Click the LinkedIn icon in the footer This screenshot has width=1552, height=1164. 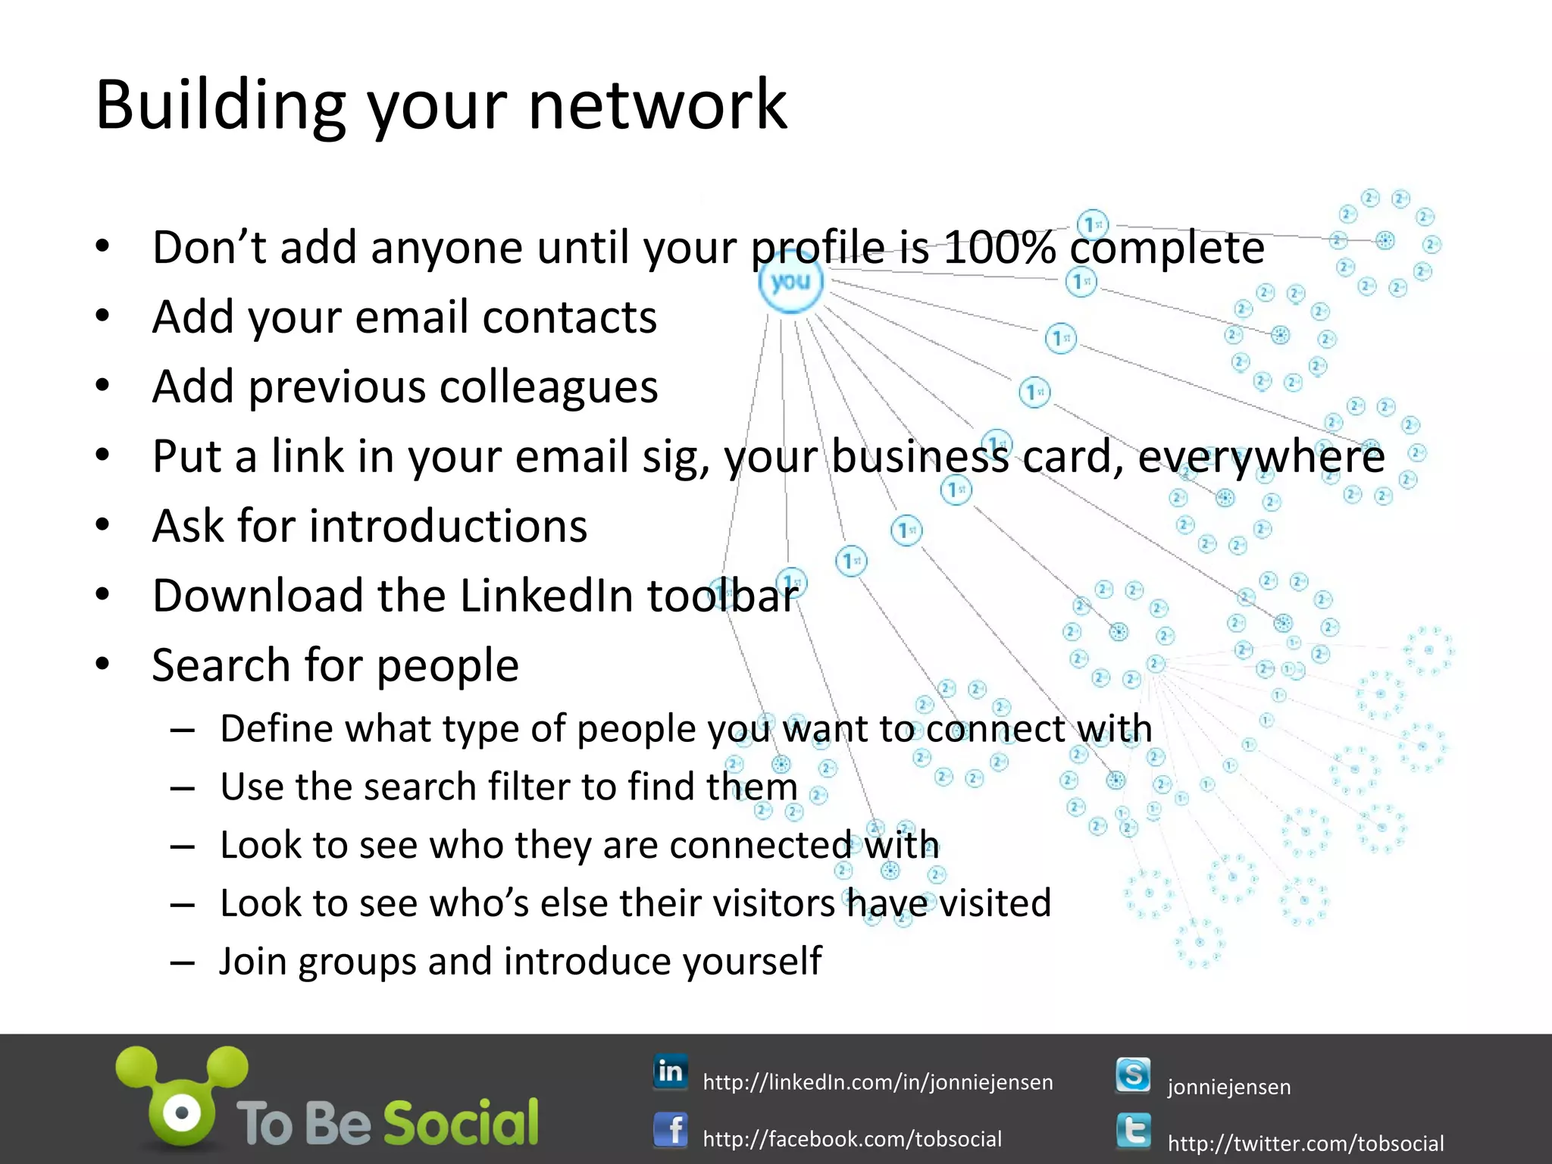pos(671,1072)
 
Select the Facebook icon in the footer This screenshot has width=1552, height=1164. pos(671,1131)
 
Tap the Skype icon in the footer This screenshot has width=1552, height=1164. pos(1133,1075)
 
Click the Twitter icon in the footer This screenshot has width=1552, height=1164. pos(1133,1131)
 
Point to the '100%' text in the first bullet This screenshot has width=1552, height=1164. pos(1000,248)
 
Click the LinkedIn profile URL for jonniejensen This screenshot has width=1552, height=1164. pos(878,1082)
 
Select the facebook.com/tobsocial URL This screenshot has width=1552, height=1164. pos(852,1139)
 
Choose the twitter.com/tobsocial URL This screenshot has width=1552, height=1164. pos(1305,1143)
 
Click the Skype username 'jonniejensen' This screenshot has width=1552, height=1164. pos(1228,1087)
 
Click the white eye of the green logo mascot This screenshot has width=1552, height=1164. pos(182,1113)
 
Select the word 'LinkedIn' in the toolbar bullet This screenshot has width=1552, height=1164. pos(548,596)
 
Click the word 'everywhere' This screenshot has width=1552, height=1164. pos(1261,457)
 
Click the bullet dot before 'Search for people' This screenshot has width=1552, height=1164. pos(103,665)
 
